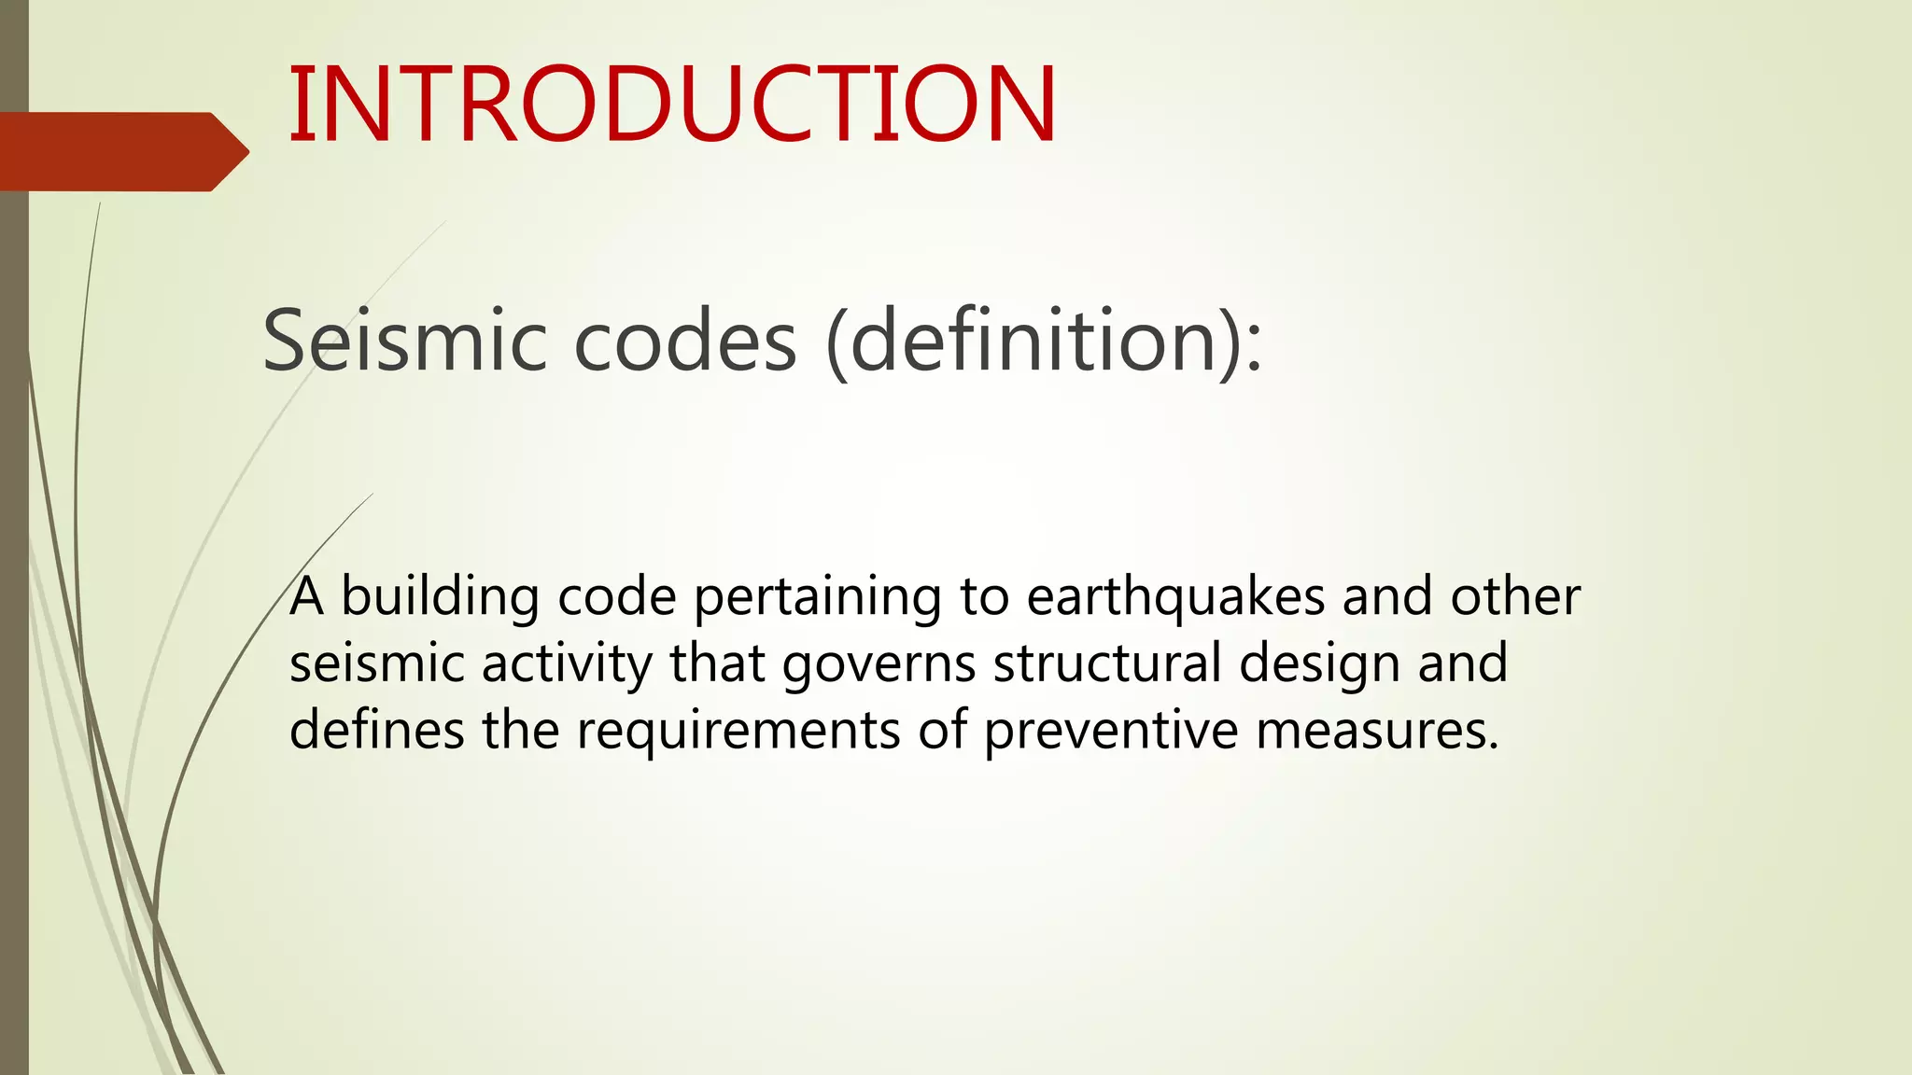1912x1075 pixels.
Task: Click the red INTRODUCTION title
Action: point(672,105)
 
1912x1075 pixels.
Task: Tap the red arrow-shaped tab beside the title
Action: point(121,151)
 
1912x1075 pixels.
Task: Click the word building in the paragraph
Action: point(440,597)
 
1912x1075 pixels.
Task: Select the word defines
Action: point(376,730)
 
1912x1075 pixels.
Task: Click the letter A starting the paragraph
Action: point(307,597)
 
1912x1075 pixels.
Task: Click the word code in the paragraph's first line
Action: point(616,597)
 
